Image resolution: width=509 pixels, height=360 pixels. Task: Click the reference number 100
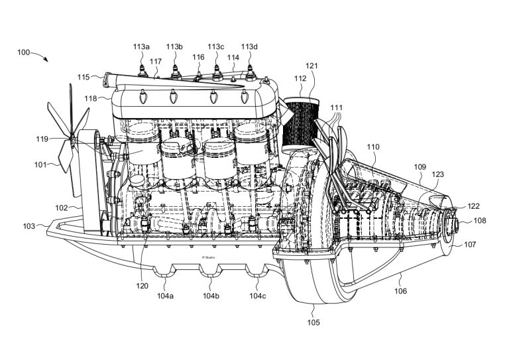[x=23, y=52]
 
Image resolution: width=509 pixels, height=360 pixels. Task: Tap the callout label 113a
[x=141, y=46]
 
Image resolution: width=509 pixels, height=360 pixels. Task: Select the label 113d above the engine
[x=249, y=46]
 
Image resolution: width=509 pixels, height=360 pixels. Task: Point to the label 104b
[x=211, y=296]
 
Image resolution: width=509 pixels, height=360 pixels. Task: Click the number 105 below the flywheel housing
[x=313, y=322]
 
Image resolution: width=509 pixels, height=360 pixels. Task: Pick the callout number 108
[x=480, y=221]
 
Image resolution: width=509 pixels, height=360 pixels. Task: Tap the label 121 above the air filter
[x=311, y=66]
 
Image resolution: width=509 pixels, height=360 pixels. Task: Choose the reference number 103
[x=29, y=226]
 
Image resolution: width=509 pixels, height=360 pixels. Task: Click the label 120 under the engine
[x=142, y=286]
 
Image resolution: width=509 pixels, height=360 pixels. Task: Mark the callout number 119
[x=42, y=139]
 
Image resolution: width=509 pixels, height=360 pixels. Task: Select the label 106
[x=400, y=291]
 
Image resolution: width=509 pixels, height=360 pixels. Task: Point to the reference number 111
[x=337, y=107]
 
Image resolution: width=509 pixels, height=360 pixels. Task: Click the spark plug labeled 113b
[x=175, y=72]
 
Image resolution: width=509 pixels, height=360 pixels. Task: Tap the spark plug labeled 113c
[x=217, y=73]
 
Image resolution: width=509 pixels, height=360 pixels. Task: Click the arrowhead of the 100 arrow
[x=47, y=60]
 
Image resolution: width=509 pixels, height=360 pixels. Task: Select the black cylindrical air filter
[x=300, y=125]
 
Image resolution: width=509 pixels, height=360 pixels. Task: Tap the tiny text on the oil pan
[x=208, y=257]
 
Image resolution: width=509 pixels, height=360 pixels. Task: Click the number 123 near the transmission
[x=437, y=174]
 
